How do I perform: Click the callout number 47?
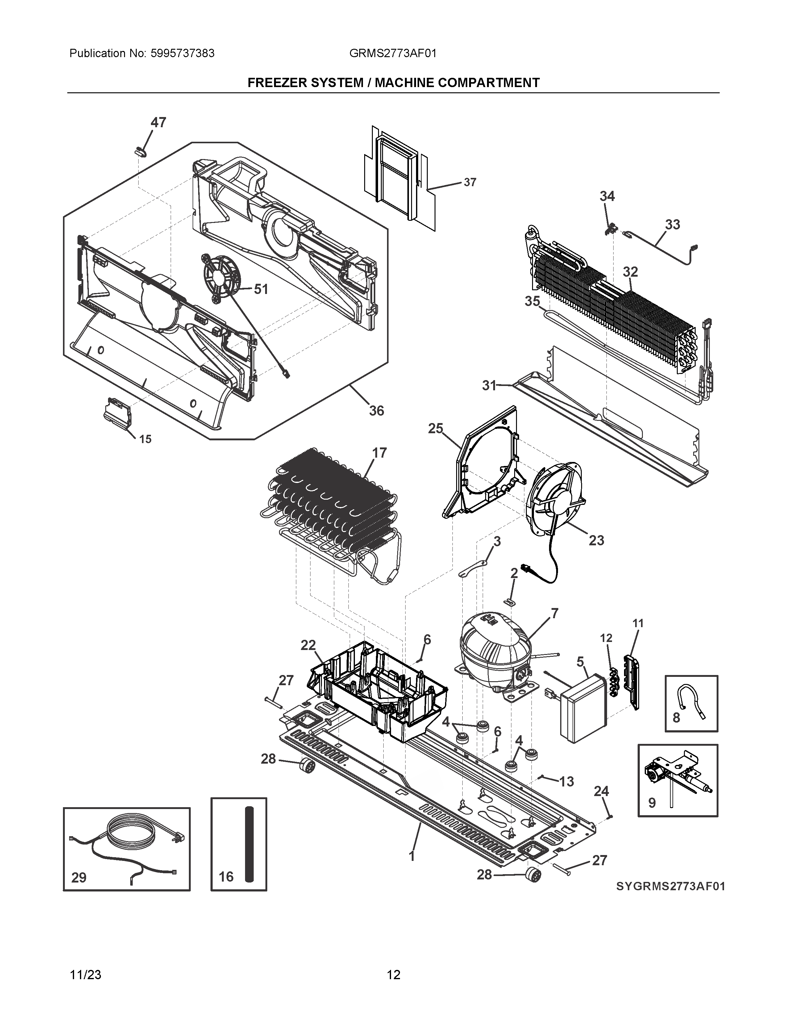point(158,123)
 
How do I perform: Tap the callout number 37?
point(470,182)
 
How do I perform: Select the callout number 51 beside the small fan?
point(261,289)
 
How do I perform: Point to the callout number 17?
point(380,453)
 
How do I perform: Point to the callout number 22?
point(308,645)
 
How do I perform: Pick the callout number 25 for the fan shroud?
point(435,428)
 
